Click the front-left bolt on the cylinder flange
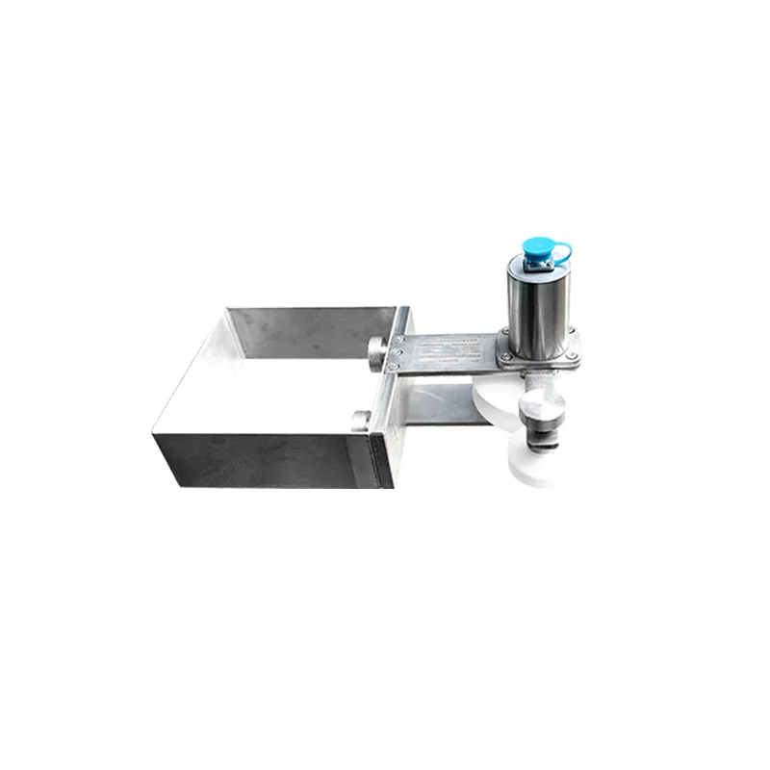point(508,360)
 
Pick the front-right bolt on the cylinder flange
point(575,359)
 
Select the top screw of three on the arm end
point(398,340)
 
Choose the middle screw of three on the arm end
point(398,352)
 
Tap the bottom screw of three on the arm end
point(398,366)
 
